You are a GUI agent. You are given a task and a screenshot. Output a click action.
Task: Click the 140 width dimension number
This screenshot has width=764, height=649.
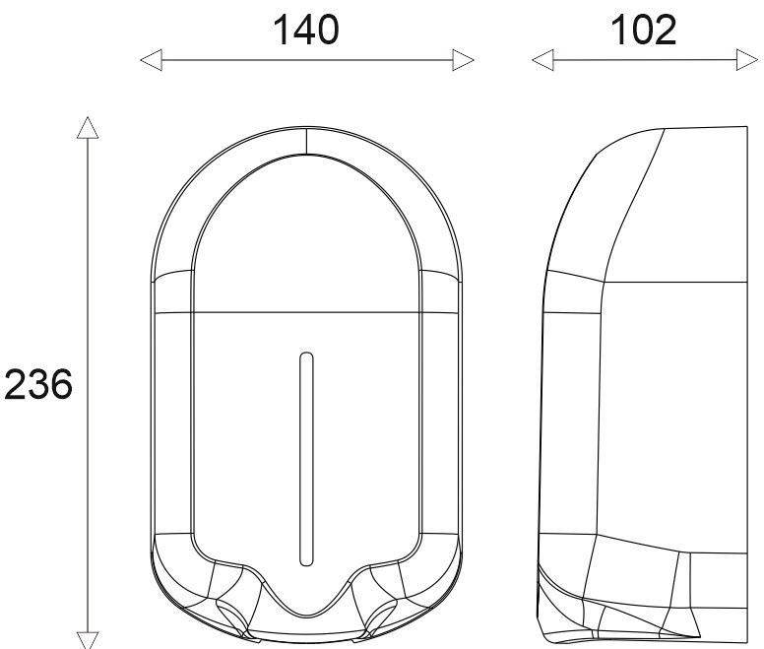point(306,31)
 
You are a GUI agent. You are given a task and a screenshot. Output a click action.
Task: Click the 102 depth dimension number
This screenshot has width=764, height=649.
point(643,31)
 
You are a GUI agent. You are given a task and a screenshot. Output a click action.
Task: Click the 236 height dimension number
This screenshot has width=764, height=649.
point(38,384)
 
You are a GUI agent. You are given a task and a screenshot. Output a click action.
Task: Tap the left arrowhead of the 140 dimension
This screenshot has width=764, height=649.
point(151,60)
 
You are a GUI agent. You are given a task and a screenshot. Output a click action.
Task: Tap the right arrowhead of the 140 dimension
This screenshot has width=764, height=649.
point(463,60)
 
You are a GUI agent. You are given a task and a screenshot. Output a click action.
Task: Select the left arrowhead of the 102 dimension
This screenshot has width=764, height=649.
point(542,60)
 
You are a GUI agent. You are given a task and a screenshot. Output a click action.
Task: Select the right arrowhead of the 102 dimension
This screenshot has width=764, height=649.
point(747,60)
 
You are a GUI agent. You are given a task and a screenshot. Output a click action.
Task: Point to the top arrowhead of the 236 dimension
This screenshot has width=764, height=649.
point(88,128)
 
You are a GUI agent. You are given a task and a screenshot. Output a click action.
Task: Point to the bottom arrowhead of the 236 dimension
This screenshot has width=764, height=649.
point(88,640)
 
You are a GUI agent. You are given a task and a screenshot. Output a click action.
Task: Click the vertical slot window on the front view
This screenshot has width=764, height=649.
point(306,459)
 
